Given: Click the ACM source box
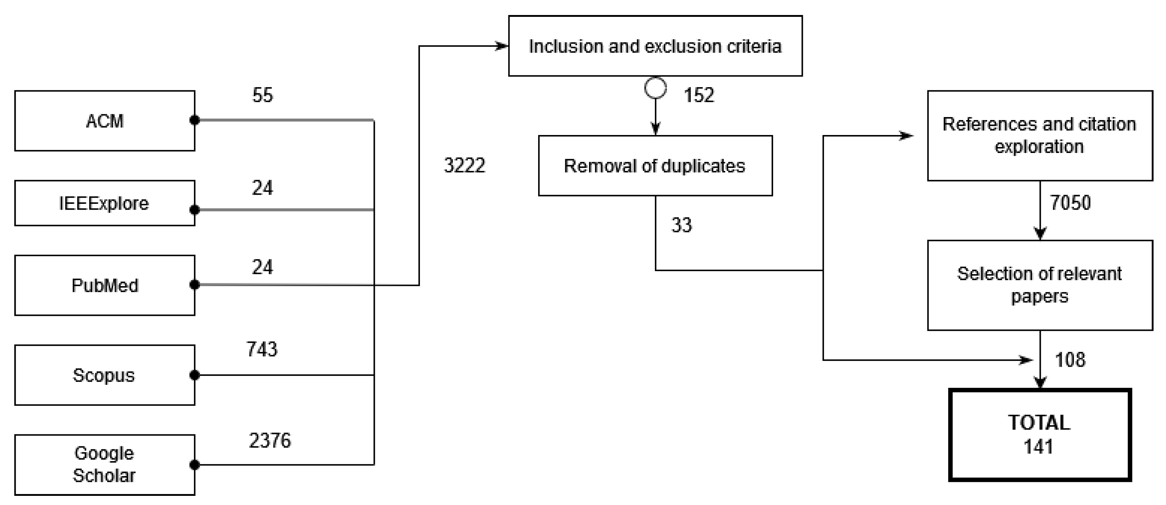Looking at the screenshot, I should click(x=105, y=121).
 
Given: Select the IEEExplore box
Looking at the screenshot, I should click(x=105, y=203).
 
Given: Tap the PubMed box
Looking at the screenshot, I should click(x=105, y=285).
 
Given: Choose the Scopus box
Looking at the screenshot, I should click(x=105, y=375).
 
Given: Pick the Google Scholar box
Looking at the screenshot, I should click(x=105, y=465).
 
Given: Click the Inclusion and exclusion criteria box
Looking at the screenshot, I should click(x=655, y=46).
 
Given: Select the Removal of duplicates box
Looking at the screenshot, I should click(x=655, y=166).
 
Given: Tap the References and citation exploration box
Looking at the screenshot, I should click(x=1040, y=135).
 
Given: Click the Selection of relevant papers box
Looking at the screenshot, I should click(x=1040, y=285).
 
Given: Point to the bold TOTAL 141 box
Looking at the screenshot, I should click(x=1040, y=434).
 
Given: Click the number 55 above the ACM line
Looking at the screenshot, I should click(x=262, y=95).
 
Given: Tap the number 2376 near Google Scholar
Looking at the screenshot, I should click(x=270, y=440).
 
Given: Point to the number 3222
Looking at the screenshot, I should click(x=465, y=165).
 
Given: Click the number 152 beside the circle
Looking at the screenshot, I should click(x=699, y=95).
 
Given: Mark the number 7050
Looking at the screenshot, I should click(x=1070, y=202).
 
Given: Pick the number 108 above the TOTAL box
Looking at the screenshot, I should click(x=1070, y=360).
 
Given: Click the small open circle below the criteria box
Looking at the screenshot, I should click(x=655, y=88).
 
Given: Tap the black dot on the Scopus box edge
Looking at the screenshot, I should click(x=195, y=375).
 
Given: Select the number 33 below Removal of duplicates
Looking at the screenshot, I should click(x=681, y=225).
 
